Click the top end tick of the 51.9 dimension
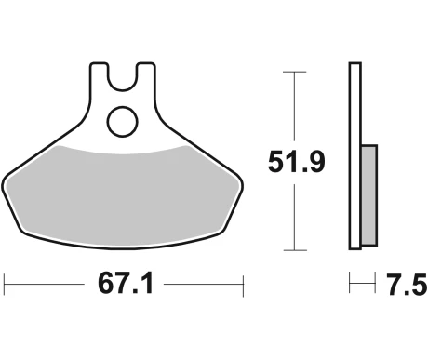coord(295,71)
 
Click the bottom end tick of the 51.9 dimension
coord(295,250)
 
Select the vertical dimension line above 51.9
coord(295,107)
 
